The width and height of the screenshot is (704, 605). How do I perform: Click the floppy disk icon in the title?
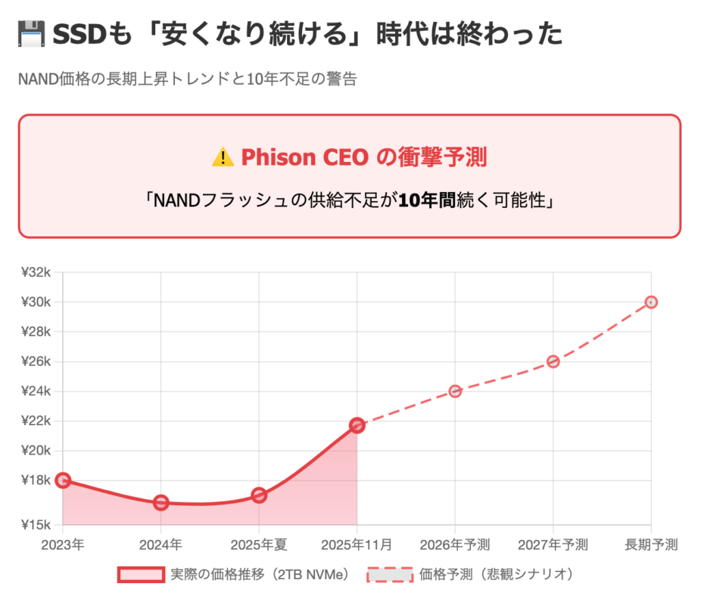coord(31,34)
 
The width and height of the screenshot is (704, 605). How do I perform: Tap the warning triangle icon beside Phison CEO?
coord(223,157)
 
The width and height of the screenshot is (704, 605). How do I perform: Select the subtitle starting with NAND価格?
coord(188,79)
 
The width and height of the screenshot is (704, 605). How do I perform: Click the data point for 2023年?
coord(63,480)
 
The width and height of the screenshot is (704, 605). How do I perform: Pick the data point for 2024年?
coord(161,503)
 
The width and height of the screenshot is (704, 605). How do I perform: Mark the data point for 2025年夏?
coord(259,495)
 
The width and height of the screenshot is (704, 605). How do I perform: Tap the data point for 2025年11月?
coord(357,425)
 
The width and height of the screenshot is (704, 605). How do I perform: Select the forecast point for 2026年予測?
coord(455,391)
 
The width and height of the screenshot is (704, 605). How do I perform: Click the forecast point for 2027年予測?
coord(553,361)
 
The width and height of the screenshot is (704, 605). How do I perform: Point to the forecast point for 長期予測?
coord(651,302)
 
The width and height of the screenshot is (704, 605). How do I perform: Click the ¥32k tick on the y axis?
coord(36,272)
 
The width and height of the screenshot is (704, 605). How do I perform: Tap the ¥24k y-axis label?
coord(36,391)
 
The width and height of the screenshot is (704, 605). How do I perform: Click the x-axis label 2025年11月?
coord(357,544)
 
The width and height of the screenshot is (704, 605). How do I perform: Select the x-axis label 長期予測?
coord(651,544)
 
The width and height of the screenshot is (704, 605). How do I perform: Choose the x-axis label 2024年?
coord(161,544)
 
